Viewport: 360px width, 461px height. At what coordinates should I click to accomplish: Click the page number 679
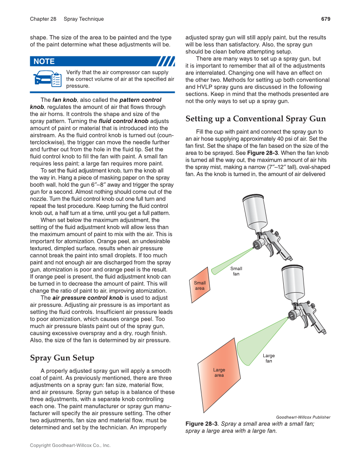pyautogui.click(x=325, y=19)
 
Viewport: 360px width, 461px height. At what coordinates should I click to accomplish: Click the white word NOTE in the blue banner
pyautogui.click(x=44, y=61)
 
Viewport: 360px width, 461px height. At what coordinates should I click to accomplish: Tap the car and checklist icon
pyautogui.click(x=47, y=79)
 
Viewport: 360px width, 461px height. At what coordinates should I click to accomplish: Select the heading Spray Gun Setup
pyautogui.click(x=62, y=358)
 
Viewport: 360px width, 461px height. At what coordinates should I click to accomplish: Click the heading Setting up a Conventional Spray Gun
pyautogui.click(x=256, y=119)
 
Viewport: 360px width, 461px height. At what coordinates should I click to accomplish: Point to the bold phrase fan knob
pyautogui.click(x=64, y=100)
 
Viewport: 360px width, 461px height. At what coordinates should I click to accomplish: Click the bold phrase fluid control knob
pyautogui.click(x=123, y=121)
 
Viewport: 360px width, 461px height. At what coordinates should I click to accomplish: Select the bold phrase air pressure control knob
pyautogui.click(x=88, y=298)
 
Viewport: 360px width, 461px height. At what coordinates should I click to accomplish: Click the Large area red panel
pyautogui.click(x=219, y=373)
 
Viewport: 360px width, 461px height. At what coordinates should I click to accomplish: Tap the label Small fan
pyautogui.click(x=236, y=271)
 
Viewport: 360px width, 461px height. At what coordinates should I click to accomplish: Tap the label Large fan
pyautogui.click(x=268, y=358)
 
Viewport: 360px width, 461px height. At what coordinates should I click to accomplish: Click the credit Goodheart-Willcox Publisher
pyautogui.click(x=303, y=417)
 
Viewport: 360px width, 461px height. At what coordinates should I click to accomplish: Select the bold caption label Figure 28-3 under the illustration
pyautogui.click(x=201, y=424)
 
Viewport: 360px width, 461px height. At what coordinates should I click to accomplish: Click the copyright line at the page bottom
pyautogui.click(x=70, y=446)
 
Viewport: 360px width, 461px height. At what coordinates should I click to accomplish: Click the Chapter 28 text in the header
pyautogui.click(x=43, y=19)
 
